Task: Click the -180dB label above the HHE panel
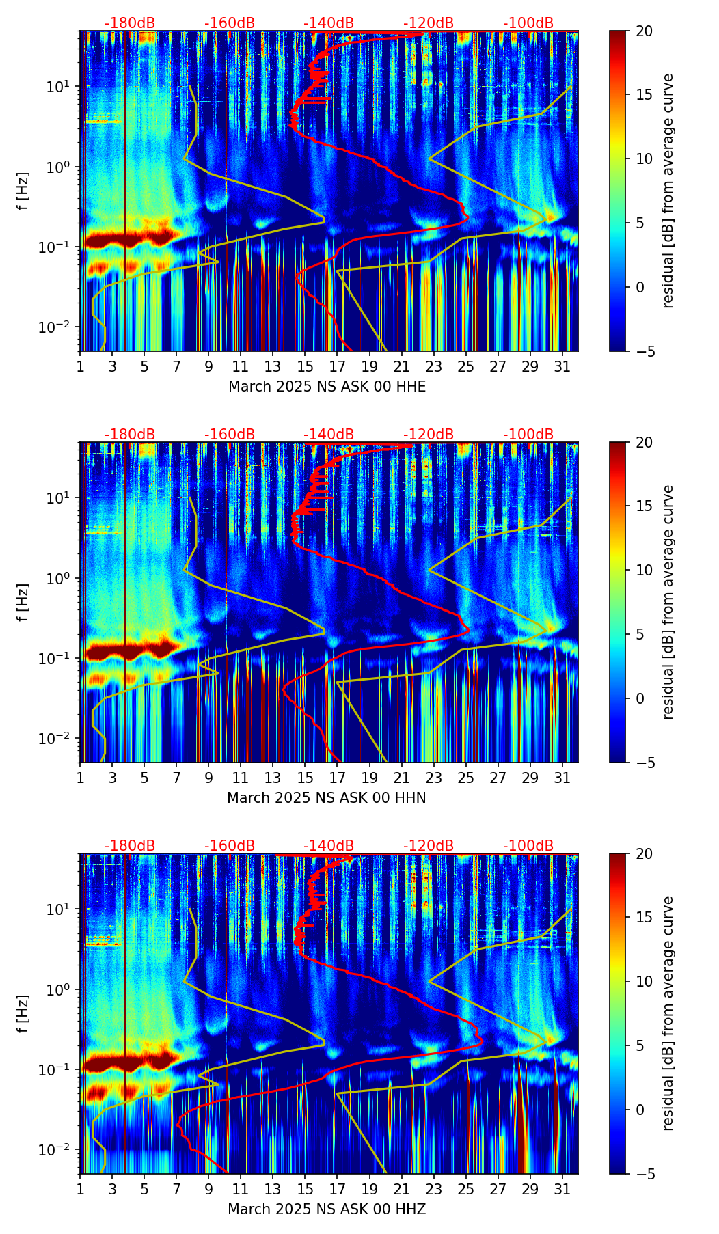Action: [x=130, y=23]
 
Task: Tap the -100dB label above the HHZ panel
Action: [x=528, y=846]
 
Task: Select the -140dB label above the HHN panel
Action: [x=329, y=435]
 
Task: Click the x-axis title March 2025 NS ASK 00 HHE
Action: [x=327, y=387]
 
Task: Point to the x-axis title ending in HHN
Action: [x=327, y=798]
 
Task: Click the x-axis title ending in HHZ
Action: [x=327, y=1209]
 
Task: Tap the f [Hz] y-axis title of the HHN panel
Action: [x=23, y=602]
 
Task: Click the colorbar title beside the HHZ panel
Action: [x=668, y=1013]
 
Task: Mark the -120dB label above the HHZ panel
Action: [x=429, y=846]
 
